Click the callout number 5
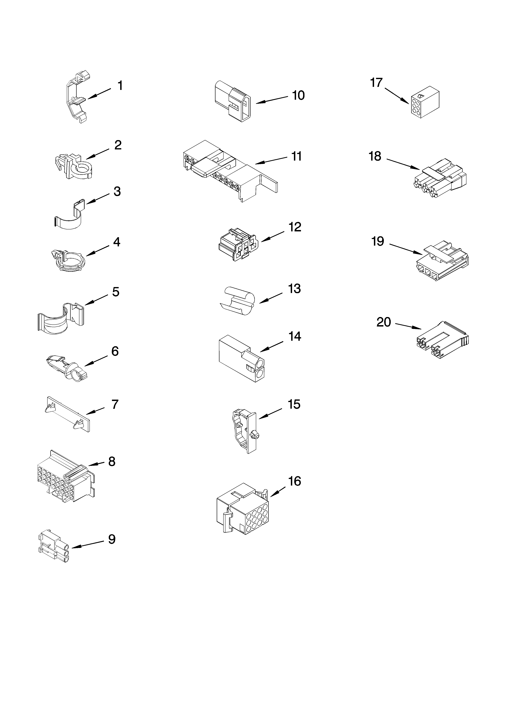coord(116,292)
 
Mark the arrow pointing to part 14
coord(271,347)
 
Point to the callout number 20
coord(384,322)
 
